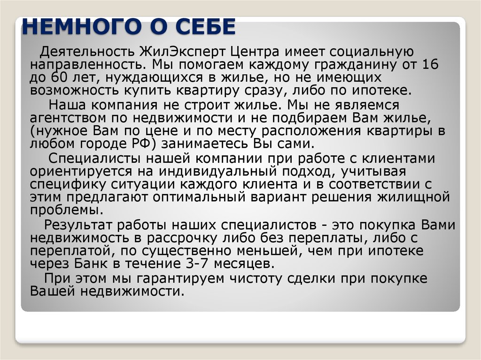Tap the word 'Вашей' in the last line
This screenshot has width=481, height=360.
pyautogui.click(x=51, y=291)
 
